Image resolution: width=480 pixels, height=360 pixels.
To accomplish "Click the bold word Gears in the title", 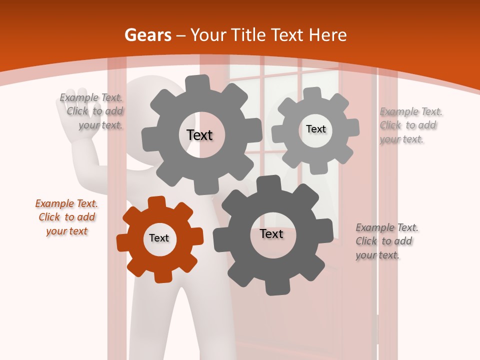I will point(147,35).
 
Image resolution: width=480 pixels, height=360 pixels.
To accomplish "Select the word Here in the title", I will point(328,35).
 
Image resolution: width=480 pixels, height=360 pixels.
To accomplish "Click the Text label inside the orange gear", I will point(159,238).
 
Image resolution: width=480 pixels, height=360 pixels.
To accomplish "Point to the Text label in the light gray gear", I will point(315,129).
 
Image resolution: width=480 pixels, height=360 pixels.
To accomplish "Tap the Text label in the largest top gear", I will point(199,135).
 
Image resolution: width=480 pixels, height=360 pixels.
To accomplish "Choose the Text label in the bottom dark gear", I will point(271,233).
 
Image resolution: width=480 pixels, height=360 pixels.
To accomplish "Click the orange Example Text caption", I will point(66,217).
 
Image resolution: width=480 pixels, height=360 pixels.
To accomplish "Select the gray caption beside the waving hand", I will point(91,111).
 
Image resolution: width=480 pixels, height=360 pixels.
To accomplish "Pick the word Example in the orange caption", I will point(53,203).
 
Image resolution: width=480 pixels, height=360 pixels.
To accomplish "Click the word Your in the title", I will point(206,35).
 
